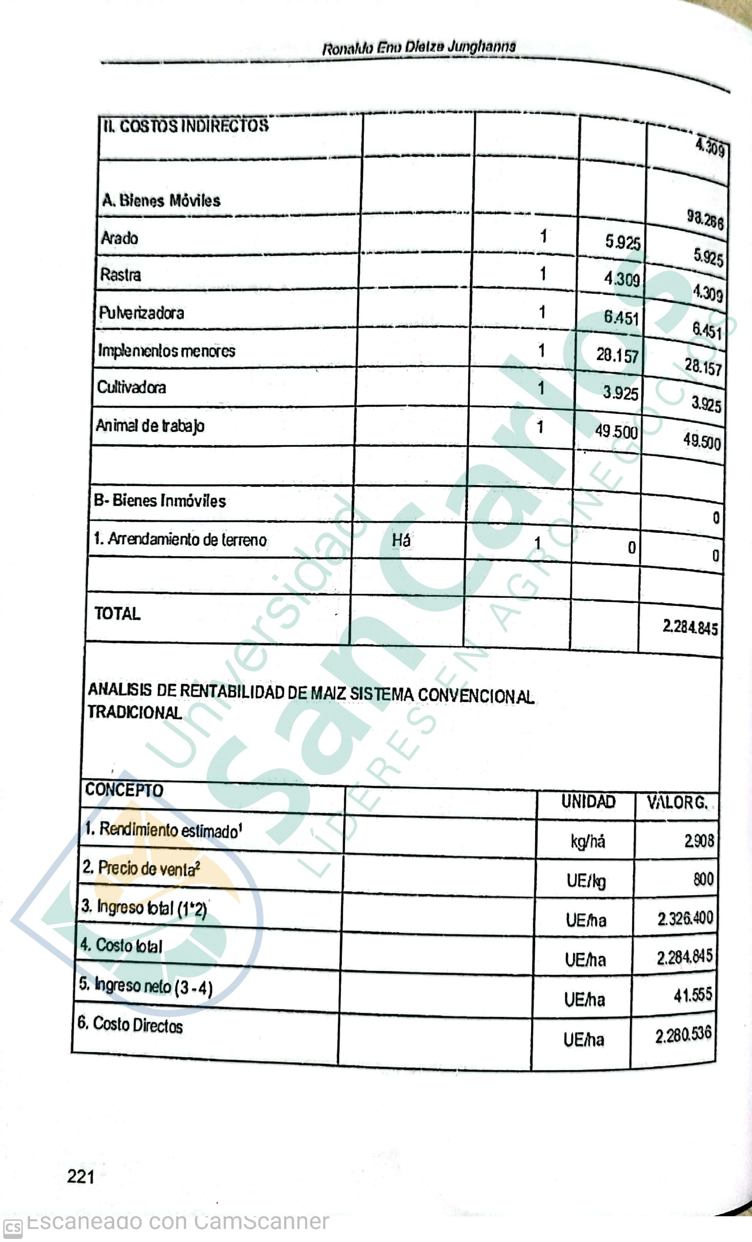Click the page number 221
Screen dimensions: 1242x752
pos(81,1177)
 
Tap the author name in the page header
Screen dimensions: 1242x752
pos(419,47)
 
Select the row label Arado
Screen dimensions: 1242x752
pos(120,238)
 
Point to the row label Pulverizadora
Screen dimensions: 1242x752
pos(141,313)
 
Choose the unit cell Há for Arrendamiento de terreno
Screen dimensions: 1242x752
pos(401,540)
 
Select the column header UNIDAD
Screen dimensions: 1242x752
pos(588,802)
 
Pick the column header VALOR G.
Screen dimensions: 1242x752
pos(677,803)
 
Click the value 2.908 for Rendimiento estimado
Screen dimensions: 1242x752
pos(699,840)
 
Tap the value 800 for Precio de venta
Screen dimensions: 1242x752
pos(703,879)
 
